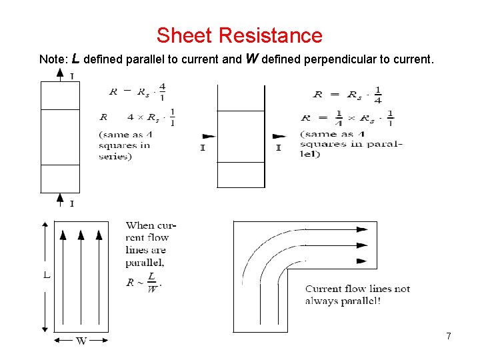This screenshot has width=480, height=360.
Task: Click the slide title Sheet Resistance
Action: [239, 35]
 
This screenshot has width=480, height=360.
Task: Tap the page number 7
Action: [449, 336]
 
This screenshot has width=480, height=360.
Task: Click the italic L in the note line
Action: [75, 59]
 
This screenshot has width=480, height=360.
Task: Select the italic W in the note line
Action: [252, 59]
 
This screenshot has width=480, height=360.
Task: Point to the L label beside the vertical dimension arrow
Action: [47, 274]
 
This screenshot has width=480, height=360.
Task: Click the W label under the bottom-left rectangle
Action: [81, 341]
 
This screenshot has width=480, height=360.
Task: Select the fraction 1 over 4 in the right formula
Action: [378, 95]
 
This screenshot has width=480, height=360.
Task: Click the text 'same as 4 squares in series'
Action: [124, 145]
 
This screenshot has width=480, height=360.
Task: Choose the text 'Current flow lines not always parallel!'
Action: [357, 295]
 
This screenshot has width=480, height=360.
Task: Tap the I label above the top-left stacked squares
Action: [71, 77]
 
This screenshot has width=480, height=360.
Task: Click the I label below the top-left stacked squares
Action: [71, 203]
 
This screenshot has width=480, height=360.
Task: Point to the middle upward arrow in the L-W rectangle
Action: [81, 235]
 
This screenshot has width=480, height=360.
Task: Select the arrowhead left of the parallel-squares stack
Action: [208, 136]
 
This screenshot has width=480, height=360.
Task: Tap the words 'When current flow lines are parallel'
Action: [147, 244]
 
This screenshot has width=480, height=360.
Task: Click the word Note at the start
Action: [53, 59]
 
